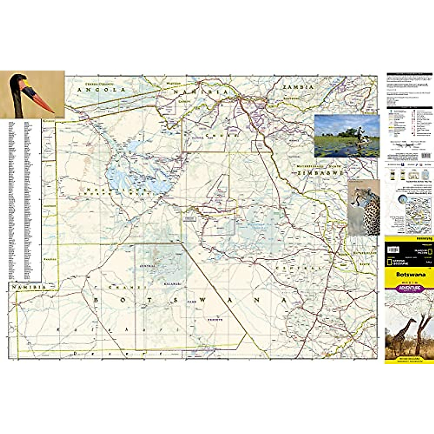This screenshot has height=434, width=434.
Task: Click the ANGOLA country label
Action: click(x=101, y=90)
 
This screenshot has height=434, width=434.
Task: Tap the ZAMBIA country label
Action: click(x=298, y=87)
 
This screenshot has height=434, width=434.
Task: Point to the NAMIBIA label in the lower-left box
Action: click(x=29, y=287)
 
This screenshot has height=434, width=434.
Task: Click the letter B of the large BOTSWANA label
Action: click(x=97, y=301)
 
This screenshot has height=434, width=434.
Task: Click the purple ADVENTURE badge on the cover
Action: click(x=409, y=288)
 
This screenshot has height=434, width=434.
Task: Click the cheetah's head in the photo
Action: click(x=359, y=197)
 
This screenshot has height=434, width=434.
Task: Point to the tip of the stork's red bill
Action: click(x=53, y=112)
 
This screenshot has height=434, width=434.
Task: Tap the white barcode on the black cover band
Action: click(x=393, y=250)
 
